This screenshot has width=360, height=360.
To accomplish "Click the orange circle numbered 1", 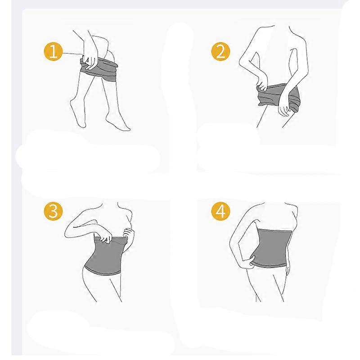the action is point(53,51).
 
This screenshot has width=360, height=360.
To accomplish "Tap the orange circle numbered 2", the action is point(220,51).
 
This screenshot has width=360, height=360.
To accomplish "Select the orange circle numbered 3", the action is point(53,211).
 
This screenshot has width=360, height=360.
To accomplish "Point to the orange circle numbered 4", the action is point(220,211).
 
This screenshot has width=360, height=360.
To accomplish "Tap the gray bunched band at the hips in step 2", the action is point(278,96).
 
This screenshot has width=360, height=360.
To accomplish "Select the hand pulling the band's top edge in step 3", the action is point(104,237).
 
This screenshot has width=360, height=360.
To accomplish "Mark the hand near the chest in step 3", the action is point(129,234).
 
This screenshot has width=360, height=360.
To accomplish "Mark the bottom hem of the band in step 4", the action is point(270,265).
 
